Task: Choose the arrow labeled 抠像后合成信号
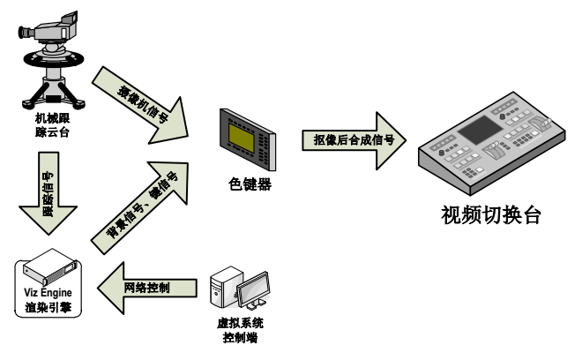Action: point(347,139)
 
